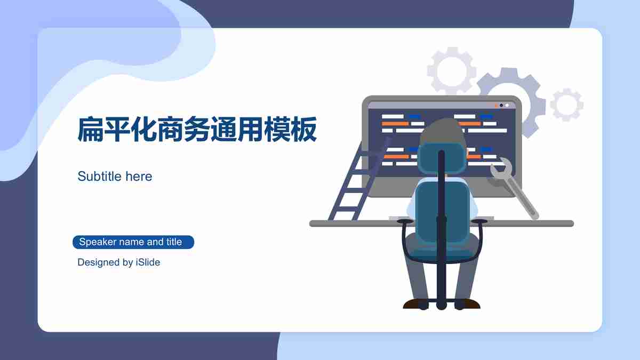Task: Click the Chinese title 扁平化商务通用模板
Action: tap(197, 129)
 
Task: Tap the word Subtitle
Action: tap(99, 176)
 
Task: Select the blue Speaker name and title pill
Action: tap(133, 242)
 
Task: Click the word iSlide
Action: tap(148, 262)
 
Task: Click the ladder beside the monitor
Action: tap(359, 180)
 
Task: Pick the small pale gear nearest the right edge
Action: tap(567, 105)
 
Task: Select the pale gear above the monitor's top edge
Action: tap(452, 70)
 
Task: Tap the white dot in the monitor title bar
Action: tap(507, 106)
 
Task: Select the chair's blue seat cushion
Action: tap(442, 249)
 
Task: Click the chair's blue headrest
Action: tap(442, 158)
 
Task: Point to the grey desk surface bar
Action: tap(442, 223)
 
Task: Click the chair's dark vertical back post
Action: tap(442, 229)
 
